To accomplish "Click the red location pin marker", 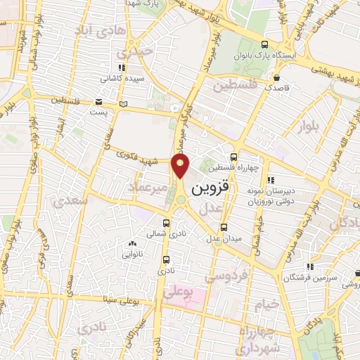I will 181,167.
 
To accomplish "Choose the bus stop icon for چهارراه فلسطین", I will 233,157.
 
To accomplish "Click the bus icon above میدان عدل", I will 224,227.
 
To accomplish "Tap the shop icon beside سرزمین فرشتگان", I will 311,268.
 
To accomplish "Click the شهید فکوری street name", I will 133,157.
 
